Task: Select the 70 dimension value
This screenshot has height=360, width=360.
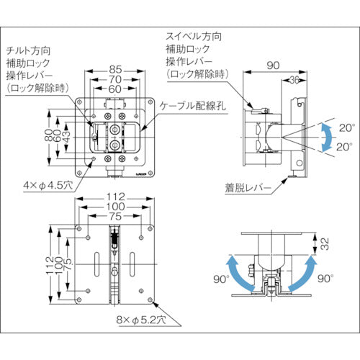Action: coord(115,81)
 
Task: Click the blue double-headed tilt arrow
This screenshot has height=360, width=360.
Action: coord(327,135)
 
